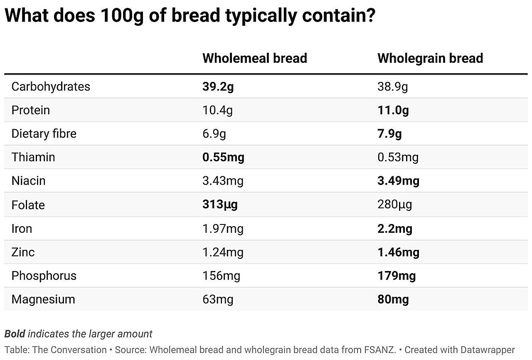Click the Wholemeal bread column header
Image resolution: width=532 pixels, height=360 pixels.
coord(254,58)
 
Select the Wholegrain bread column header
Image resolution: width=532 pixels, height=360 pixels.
coord(430,58)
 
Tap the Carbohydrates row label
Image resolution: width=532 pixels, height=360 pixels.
coord(51,86)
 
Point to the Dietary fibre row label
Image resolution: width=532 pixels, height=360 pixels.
coord(44,134)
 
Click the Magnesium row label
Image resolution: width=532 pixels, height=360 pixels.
coord(43,299)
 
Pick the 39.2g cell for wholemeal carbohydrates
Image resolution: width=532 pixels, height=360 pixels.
coord(218,87)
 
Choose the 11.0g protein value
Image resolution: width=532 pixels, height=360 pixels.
coord(393,111)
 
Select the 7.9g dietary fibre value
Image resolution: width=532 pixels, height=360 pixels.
coord(389,134)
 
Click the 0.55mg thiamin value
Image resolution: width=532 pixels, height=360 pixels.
coord(223,158)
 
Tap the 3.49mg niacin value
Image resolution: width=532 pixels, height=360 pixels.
coord(398,181)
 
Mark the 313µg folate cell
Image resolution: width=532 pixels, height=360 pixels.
coord(220,205)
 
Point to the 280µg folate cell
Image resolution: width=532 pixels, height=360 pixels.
coord(394,205)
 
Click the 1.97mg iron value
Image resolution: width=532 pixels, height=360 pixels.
coord(223,229)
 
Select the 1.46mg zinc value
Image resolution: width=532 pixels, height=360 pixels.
coord(398,252)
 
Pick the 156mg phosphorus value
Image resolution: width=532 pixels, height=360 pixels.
coord(221,276)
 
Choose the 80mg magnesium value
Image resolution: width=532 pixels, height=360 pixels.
coord(393,299)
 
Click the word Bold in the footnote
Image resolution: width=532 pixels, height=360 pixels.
coord(15,334)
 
